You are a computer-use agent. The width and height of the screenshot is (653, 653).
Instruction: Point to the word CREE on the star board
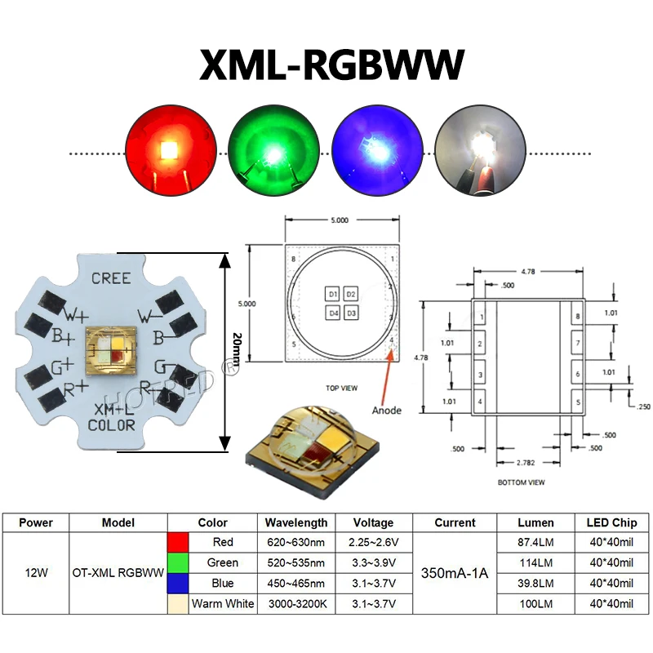[x=111, y=278]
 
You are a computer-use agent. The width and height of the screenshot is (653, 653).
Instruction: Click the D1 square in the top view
[x=333, y=294]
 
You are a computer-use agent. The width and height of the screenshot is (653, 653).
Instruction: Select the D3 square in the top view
[x=351, y=313]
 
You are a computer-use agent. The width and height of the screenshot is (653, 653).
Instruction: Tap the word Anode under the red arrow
[x=386, y=410]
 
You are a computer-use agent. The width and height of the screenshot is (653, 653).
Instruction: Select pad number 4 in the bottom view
[x=480, y=402]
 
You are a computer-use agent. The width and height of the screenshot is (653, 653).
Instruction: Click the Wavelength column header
[x=296, y=522]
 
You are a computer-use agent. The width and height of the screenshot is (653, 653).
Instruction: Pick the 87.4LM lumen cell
[x=535, y=542]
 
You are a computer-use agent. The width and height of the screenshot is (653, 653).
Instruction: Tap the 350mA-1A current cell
[x=454, y=573]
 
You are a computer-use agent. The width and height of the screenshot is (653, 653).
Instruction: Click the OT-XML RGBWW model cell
[x=118, y=573]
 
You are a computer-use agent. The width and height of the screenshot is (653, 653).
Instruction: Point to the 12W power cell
[x=35, y=573]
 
